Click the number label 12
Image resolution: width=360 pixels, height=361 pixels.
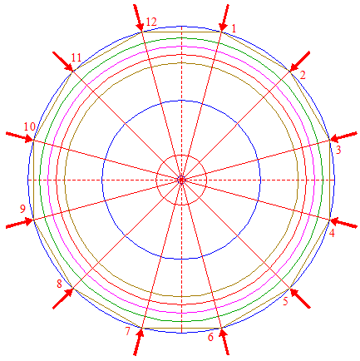(x=151, y=22)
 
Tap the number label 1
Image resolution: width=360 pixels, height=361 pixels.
(x=234, y=28)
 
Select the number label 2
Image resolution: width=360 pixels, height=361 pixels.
(x=303, y=75)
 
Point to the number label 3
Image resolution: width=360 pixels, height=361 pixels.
(x=338, y=150)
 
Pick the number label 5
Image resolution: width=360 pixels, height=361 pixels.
(x=286, y=301)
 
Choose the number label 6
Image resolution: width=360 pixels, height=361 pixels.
(x=210, y=337)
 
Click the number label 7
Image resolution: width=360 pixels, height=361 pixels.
(x=127, y=331)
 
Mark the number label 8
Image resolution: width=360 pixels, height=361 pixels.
(x=59, y=284)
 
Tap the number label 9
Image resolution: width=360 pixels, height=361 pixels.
(x=22, y=209)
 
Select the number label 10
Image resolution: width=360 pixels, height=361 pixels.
(x=30, y=126)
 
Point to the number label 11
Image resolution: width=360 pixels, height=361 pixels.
(x=76, y=57)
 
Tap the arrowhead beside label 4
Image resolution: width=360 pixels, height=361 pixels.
(x=335, y=221)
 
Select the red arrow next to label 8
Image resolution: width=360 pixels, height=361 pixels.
(x=63, y=299)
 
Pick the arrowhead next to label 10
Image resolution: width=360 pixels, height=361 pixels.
(x=28, y=138)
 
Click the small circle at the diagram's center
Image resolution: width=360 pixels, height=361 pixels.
(x=181, y=180)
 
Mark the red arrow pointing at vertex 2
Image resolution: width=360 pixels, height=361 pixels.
(x=300, y=62)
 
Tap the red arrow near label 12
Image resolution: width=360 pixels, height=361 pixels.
(x=138, y=18)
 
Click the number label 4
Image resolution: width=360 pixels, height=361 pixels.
(x=332, y=233)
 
